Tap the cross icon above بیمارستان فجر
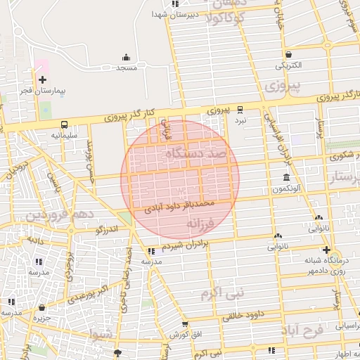click(43, 80)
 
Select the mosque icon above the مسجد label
click(126, 58)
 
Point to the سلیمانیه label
click(64, 134)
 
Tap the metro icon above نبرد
click(240, 110)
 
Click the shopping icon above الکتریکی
click(288, 55)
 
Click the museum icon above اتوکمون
click(285, 178)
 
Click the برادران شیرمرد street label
click(186, 244)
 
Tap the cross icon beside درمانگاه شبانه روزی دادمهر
click(326, 250)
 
